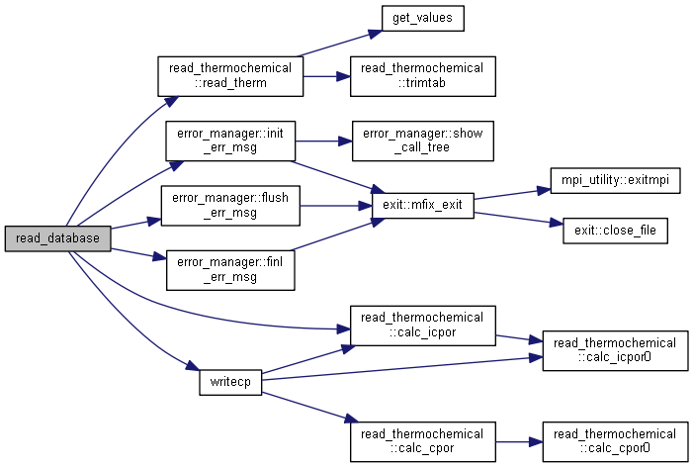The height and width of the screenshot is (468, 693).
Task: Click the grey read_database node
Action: coord(56,238)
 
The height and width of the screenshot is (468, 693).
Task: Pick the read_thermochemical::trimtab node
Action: coord(422,76)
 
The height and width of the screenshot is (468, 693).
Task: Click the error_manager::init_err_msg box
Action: coord(230,140)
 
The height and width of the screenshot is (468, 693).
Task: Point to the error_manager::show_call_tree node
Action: coord(422,140)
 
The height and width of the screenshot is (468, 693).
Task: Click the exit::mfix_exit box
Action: coord(422,205)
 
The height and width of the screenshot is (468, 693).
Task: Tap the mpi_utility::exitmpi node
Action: coord(615,185)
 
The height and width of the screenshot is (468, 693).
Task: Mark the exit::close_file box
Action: coord(615,231)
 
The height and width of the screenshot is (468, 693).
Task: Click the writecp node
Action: coord(230,381)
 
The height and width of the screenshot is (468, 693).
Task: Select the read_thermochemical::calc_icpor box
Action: coord(422,326)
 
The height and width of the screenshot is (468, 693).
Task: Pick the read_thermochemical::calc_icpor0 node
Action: coord(615,350)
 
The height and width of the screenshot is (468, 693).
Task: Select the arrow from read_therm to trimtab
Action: coord(322,76)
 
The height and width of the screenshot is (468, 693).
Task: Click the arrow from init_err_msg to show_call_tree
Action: coord(322,140)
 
